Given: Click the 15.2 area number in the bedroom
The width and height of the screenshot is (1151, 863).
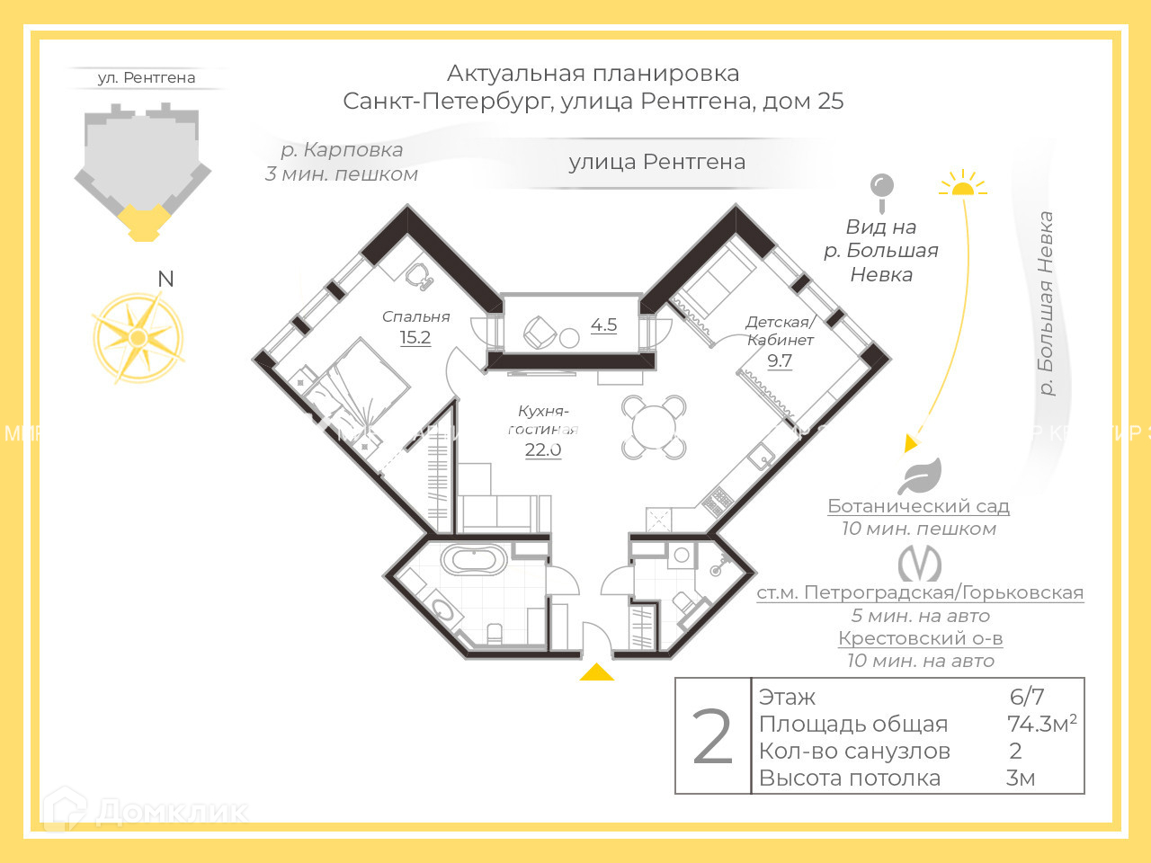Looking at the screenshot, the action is pos(415,338).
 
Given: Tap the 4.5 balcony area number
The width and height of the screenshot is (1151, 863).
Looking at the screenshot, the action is pos(603,325).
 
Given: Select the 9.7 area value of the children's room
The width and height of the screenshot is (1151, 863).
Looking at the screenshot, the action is pos(780,361).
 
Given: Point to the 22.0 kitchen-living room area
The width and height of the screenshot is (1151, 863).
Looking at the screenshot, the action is pos(543,449).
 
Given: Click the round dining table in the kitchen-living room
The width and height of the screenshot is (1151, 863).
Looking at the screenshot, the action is pos(654,427).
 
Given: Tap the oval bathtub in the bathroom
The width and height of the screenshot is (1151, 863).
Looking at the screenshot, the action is pos(473,560).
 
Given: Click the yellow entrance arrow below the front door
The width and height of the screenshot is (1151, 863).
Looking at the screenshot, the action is pos(596,672).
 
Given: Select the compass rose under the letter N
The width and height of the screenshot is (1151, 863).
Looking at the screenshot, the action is pos(138,337).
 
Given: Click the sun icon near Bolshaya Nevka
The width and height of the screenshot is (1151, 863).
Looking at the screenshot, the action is pos(962,184).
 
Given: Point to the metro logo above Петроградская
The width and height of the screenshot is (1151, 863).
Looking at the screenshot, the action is pos(919,565).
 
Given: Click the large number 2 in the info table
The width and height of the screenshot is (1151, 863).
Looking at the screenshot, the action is pos(713,737).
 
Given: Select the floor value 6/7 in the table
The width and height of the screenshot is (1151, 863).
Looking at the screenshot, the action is pos(1027,697).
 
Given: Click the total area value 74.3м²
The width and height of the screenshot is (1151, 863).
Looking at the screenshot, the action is pos(1041,724).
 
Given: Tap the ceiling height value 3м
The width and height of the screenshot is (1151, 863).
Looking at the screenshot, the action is pos(1021,778).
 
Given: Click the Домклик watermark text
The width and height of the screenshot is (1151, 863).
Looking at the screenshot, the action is pos(171,811).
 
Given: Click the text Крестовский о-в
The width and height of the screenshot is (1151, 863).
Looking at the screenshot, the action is pos(920,638).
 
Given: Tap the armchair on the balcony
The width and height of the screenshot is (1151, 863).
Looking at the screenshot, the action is pos(540,333).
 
